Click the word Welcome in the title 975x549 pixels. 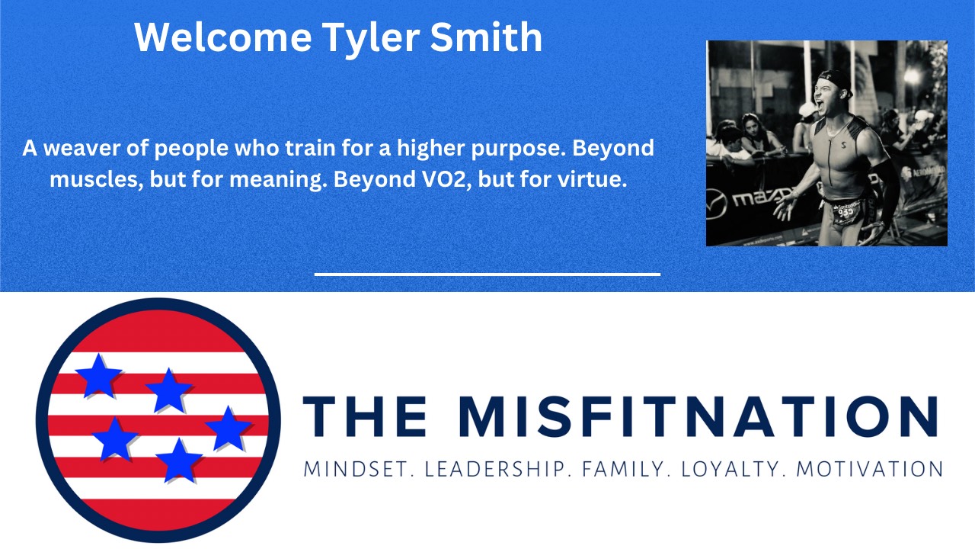(x=224, y=37)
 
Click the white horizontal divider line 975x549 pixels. (x=487, y=274)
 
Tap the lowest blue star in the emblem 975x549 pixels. (x=179, y=461)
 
